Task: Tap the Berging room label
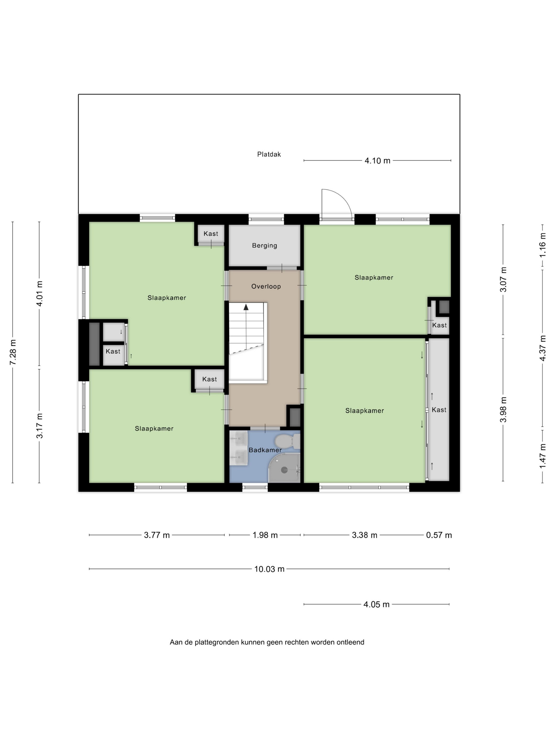pyautogui.click(x=264, y=246)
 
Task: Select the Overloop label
pyautogui.click(x=266, y=286)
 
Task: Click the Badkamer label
pyautogui.click(x=265, y=450)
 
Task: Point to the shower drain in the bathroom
pyautogui.click(x=284, y=470)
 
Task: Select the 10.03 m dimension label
pyautogui.click(x=269, y=569)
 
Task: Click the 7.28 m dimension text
pyautogui.click(x=13, y=352)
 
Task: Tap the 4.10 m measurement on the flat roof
pyautogui.click(x=377, y=161)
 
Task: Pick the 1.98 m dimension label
pyautogui.click(x=265, y=535)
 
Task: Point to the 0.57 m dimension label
pyautogui.click(x=439, y=535)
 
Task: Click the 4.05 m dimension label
pyautogui.click(x=376, y=604)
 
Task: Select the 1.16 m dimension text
pyautogui.click(x=543, y=245)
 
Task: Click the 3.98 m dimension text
pyautogui.click(x=503, y=409)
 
